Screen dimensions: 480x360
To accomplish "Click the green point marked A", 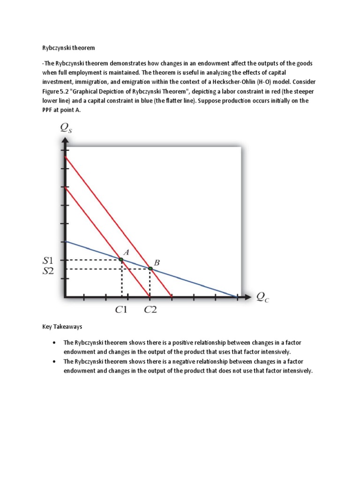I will tap(121, 259).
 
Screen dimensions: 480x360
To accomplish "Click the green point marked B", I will tap(150, 269).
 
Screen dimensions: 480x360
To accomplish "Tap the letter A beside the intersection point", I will tap(126, 252).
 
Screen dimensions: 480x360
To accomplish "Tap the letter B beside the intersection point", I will tap(157, 263).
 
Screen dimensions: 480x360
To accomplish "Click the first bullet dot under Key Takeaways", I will tap(55, 342).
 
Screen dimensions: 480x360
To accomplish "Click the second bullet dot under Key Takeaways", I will tap(55, 361).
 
